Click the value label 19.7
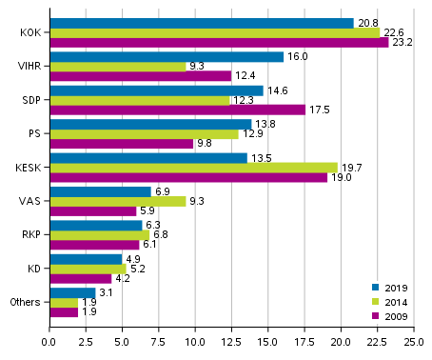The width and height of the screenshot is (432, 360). click(351, 168)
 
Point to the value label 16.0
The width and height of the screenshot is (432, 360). click(297, 56)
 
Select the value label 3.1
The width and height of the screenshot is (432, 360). click(108, 292)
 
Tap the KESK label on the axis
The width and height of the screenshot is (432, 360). click(27, 168)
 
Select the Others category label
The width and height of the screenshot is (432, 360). click(24, 302)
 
